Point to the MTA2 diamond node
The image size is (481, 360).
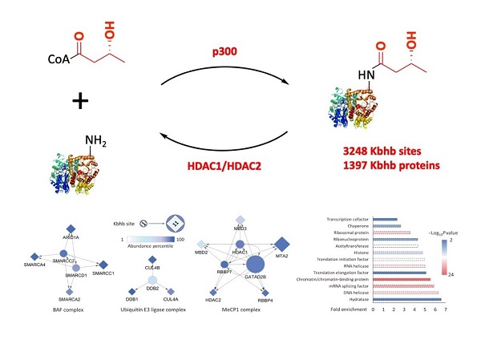coord(281,242)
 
